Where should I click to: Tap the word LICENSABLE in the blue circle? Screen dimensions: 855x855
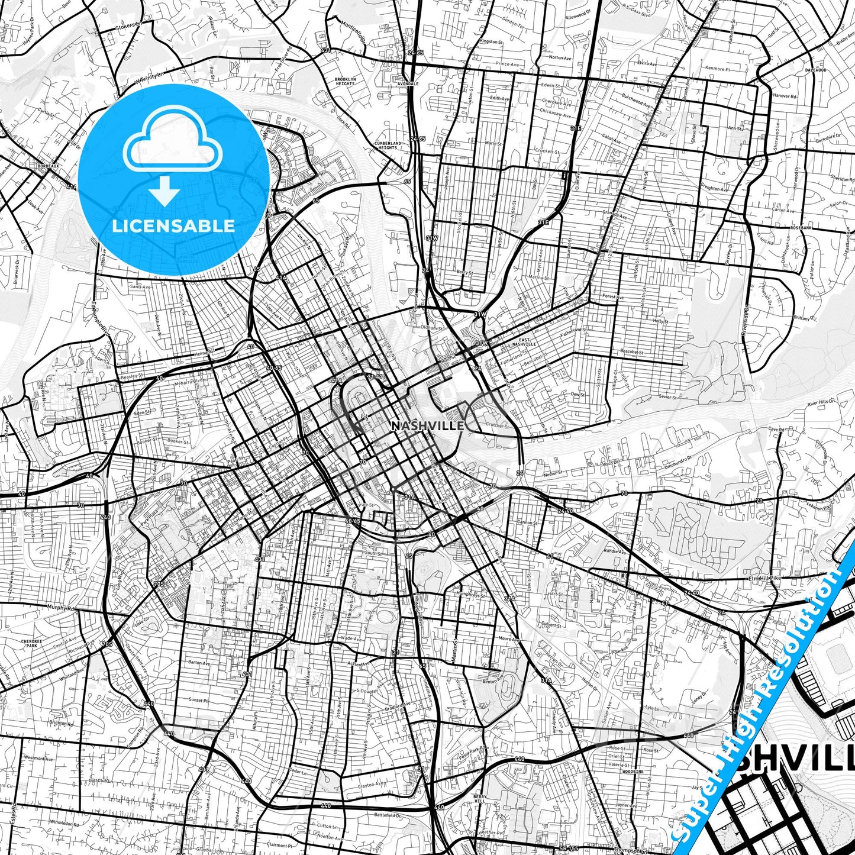point(173,226)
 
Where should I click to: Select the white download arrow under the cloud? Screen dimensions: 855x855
point(164,191)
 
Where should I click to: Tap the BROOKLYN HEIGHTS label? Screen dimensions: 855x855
point(345,82)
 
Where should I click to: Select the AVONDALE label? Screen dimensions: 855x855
point(408,84)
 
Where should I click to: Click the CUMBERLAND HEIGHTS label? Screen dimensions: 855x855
point(388,146)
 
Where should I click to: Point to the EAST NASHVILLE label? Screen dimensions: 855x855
point(524,341)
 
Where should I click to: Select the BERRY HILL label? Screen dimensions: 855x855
point(480,798)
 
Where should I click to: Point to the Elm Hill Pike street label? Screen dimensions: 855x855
point(765,578)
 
